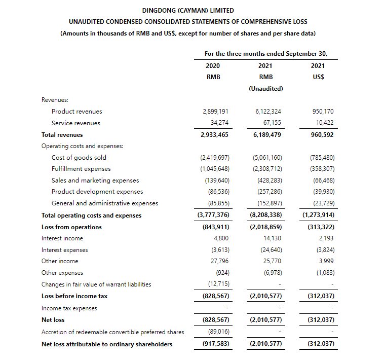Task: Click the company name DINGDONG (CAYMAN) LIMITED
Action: point(188,10)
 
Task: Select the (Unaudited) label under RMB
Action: point(266,89)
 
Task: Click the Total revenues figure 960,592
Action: point(322,135)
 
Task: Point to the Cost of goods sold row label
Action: point(79,158)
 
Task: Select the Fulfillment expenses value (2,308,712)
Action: point(267,169)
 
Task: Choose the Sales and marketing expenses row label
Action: point(95,181)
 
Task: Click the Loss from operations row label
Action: point(71,227)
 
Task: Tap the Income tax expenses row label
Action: point(69,308)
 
